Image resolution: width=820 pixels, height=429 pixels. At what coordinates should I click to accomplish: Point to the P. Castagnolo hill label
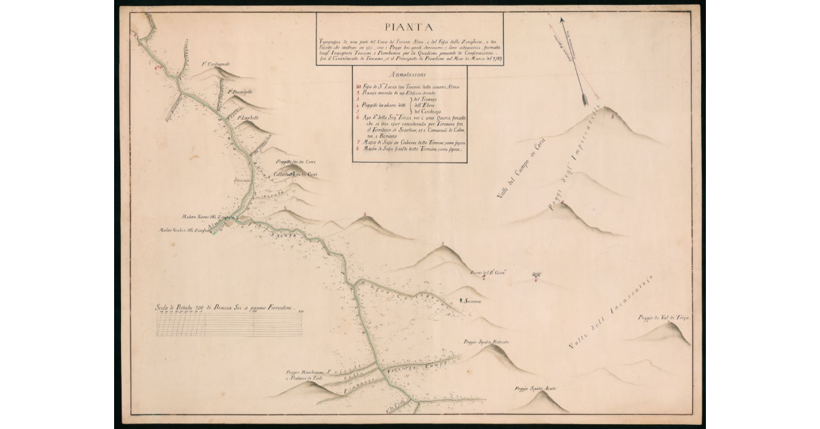coord(215,65)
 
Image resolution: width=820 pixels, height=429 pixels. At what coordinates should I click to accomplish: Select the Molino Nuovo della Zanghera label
coord(203,214)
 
